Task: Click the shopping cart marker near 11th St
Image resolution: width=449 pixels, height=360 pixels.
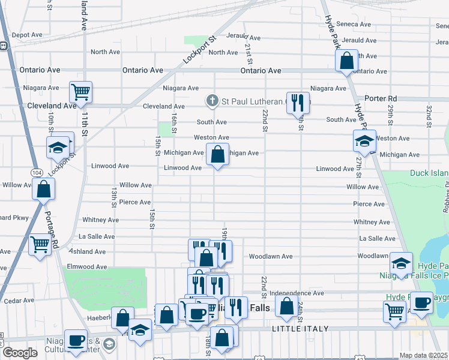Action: pos(80,92)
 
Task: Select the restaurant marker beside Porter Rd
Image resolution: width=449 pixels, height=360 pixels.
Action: pos(298,103)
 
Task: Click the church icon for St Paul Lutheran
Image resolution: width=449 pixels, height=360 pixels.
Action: pos(212,101)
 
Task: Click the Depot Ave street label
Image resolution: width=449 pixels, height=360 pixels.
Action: pos(26,35)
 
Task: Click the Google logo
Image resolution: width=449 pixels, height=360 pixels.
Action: pos(20,353)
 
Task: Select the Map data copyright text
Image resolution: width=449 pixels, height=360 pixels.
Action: pos(424,355)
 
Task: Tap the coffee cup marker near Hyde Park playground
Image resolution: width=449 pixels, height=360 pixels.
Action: pos(422,303)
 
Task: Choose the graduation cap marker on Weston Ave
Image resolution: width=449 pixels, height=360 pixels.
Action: pos(364,142)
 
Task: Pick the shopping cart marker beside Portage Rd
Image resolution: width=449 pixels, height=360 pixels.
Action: pos(40,244)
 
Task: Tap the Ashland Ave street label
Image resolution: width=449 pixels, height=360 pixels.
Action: pos(89,253)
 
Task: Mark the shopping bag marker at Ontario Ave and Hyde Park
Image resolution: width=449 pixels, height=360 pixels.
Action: pos(346,61)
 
